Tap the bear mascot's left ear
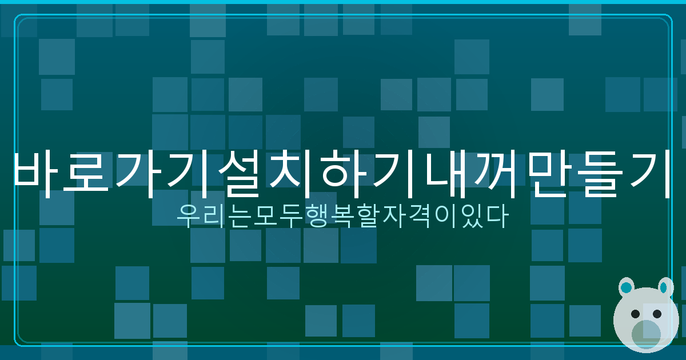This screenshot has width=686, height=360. (627, 287)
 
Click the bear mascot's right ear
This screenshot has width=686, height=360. (665, 287)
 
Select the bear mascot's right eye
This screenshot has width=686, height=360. (657, 314)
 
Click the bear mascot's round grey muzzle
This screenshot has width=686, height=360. (647, 334)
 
